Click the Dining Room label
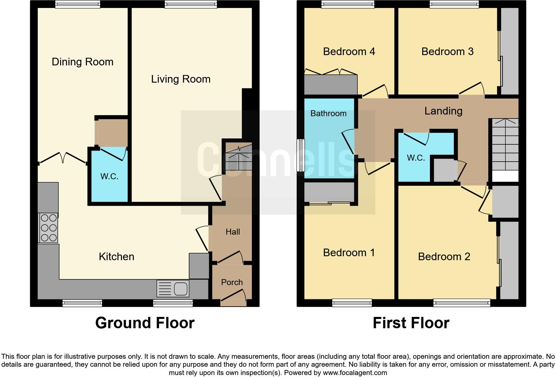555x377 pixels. coord(82,62)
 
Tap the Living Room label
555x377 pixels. coord(181,79)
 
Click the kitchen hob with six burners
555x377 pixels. coord(48,228)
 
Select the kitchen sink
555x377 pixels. coord(173,288)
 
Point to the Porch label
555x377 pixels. coord(232,282)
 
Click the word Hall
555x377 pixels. coord(233,232)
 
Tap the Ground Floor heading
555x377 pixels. coord(145,323)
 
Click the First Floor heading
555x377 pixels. coord(411,323)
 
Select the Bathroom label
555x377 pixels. coord(328,113)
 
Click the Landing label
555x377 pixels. coord(443,111)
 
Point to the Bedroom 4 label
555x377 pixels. coord(349,52)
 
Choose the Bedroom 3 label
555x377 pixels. coord(447,52)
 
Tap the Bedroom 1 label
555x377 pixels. coord(349,253)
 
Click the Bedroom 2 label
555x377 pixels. coord(444,257)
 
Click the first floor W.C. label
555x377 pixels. coord(416,158)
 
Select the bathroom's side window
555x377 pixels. coord(300,155)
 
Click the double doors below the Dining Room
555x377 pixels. coord(63,158)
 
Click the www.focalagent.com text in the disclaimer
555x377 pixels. coord(355,373)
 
